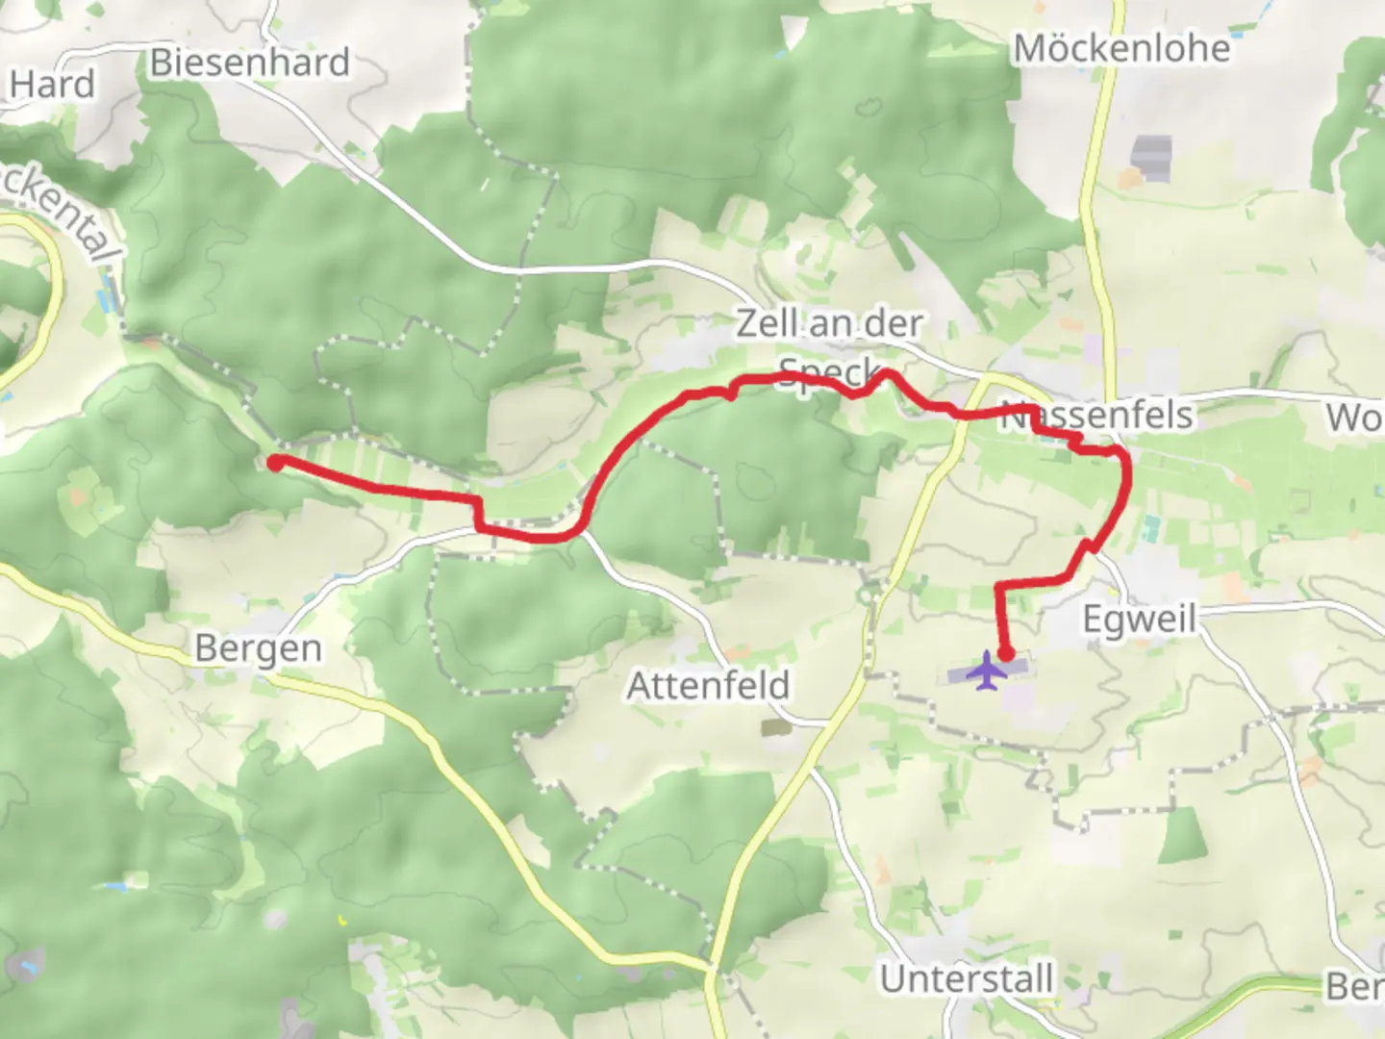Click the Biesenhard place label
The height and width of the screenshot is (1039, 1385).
pos(250,63)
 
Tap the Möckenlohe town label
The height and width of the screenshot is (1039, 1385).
pos(1121,49)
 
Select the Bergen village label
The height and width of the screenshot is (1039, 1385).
pos(258,648)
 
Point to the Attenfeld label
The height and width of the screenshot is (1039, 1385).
pos(708,686)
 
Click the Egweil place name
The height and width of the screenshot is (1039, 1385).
pos(1139,618)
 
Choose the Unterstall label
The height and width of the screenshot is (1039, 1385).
pos(967,979)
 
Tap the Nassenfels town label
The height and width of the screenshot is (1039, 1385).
pos(1097,416)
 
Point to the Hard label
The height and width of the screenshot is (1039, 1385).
pos(52,85)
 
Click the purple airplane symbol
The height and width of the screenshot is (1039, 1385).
pos(986,671)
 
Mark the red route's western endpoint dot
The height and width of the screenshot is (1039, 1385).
pos(274,463)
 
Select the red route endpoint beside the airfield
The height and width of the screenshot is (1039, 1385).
pos(1006,653)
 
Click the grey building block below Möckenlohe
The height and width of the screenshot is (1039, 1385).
pos(1151,158)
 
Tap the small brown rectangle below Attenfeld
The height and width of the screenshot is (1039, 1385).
pos(773,727)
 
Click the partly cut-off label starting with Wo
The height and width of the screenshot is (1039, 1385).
pos(1354,418)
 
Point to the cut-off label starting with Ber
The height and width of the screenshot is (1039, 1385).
pos(1354,986)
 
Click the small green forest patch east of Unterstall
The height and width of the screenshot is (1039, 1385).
pos(1182,835)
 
